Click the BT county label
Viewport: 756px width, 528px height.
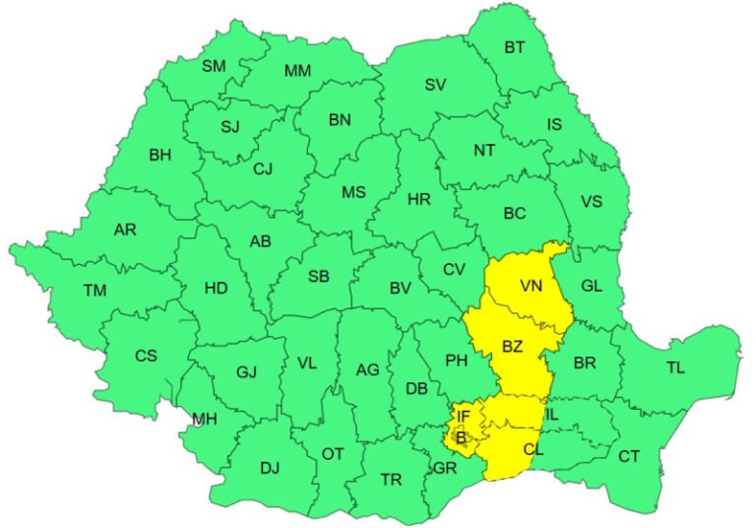pyautogui.click(x=515, y=46)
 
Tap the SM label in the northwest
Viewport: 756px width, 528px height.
pyautogui.click(x=214, y=66)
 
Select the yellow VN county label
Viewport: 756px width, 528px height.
pyautogui.click(x=533, y=286)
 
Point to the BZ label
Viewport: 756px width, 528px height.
pyautogui.click(x=512, y=346)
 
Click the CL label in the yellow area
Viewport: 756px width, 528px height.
pyautogui.click(x=534, y=449)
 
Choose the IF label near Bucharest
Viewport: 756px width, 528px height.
pyautogui.click(x=464, y=418)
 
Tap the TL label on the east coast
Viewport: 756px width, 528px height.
pyautogui.click(x=675, y=367)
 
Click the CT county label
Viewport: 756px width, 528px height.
pyautogui.click(x=628, y=456)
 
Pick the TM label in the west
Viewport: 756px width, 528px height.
pyautogui.click(x=94, y=290)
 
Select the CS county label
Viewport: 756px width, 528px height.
pyautogui.click(x=146, y=356)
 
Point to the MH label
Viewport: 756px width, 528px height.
pyautogui.click(x=205, y=420)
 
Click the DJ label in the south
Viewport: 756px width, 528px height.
pyautogui.click(x=270, y=468)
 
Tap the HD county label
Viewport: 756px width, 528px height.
pyautogui.click(x=216, y=288)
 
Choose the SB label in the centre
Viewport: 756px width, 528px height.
pyautogui.click(x=318, y=277)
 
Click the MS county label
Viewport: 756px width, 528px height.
pyautogui.click(x=353, y=192)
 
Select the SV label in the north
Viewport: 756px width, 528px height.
pyautogui.click(x=435, y=85)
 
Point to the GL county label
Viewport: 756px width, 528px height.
pyautogui.click(x=592, y=285)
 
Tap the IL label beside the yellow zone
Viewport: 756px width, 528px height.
pyautogui.click(x=551, y=415)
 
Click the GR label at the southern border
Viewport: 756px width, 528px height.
pyautogui.click(x=445, y=467)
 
